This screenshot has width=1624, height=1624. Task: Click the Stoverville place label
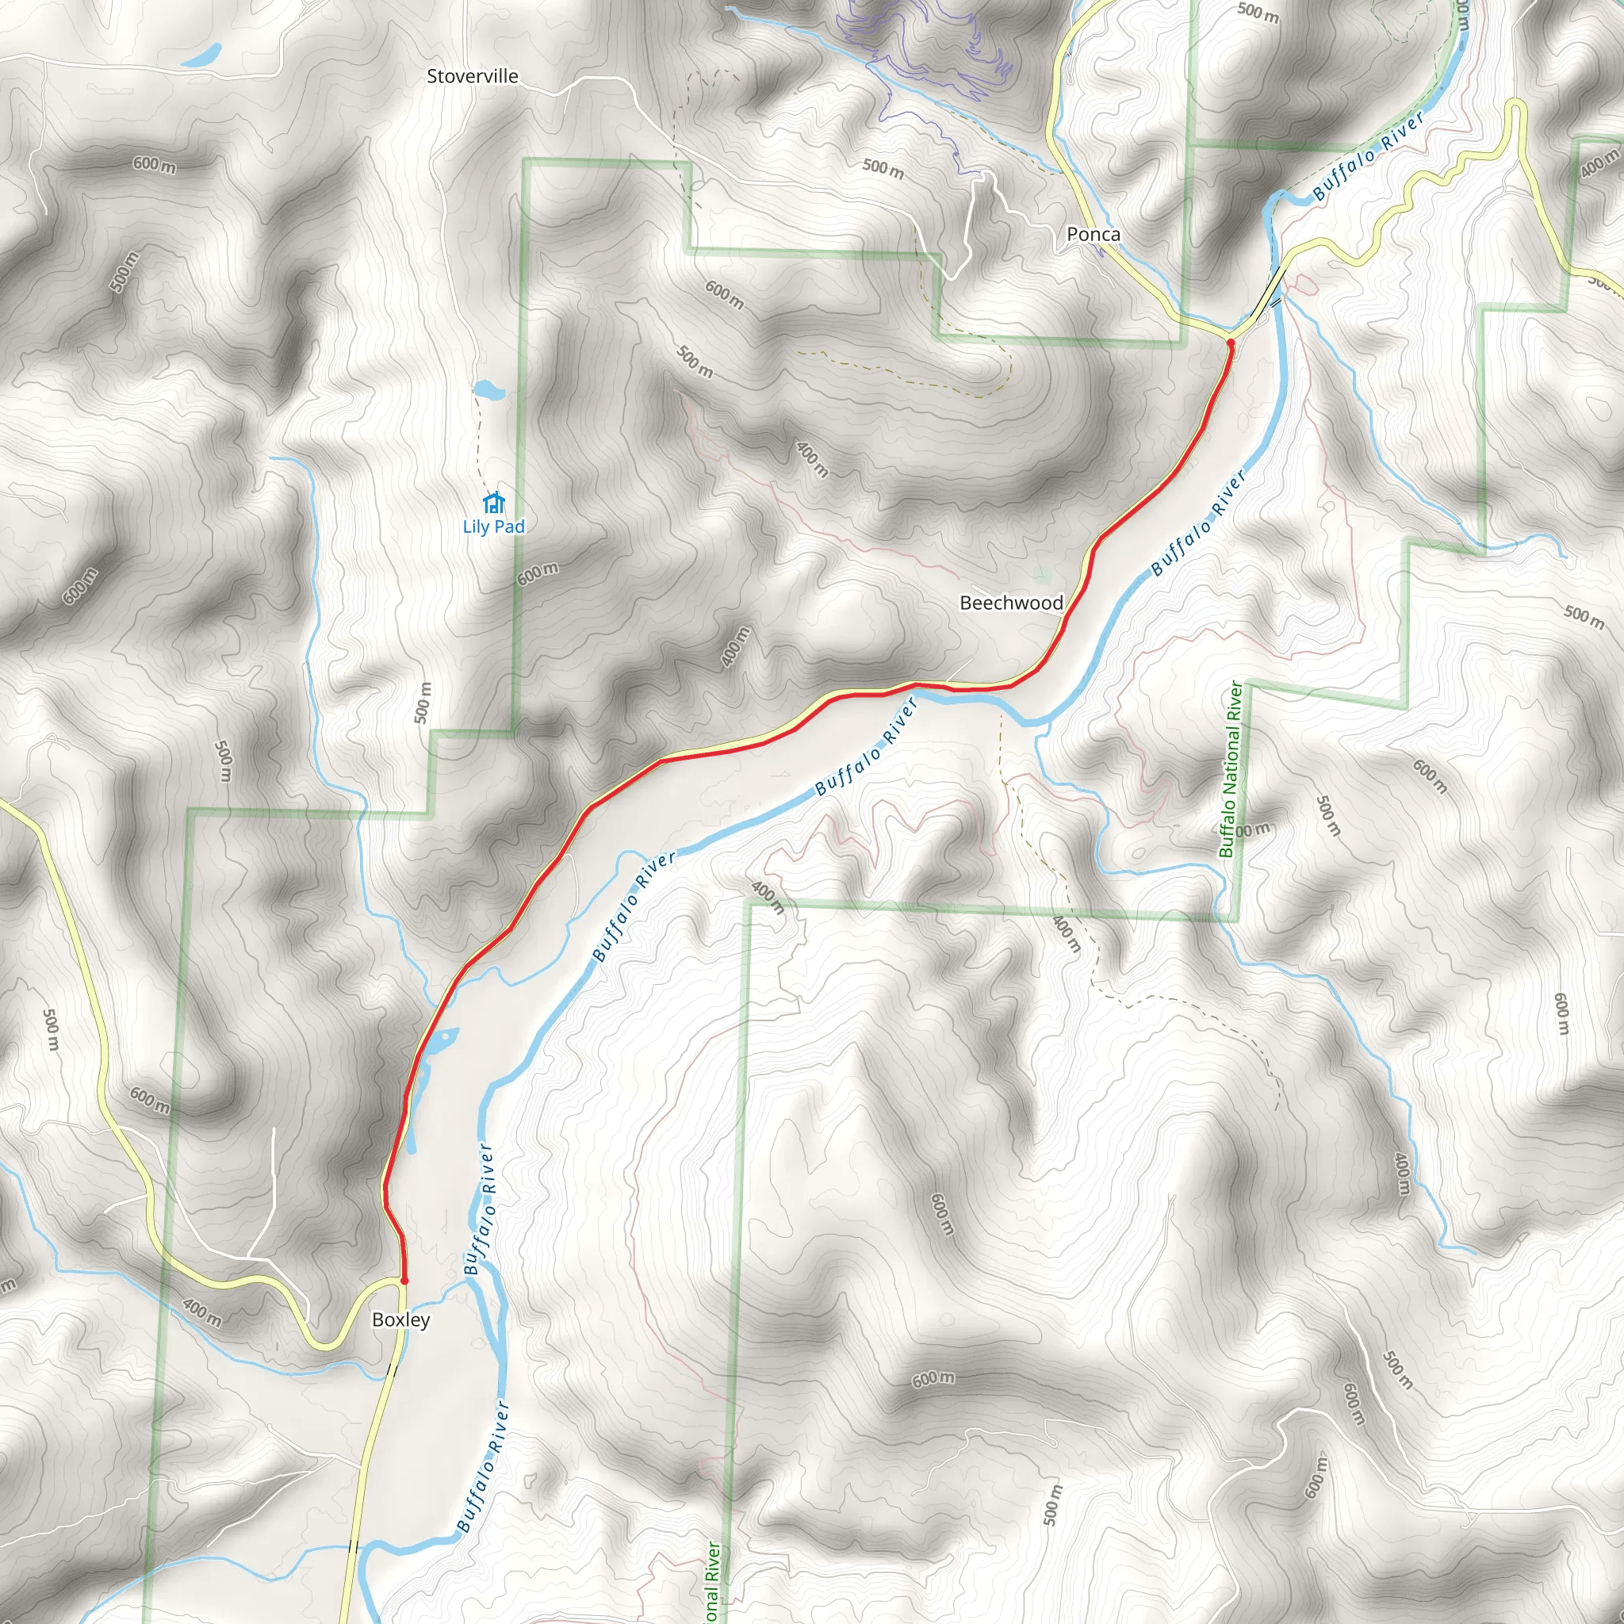(x=473, y=76)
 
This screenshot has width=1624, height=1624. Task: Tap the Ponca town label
(x=1093, y=235)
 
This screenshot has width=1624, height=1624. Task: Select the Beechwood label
(x=1011, y=603)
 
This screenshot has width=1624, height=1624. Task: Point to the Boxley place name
(x=401, y=1319)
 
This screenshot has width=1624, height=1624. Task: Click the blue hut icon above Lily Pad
(x=493, y=503)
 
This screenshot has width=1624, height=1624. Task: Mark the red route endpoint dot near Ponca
(x=1230, y=343)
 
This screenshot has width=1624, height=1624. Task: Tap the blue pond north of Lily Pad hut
(x=488, y=390)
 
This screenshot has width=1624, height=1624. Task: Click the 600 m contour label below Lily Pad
(x=538, y=574)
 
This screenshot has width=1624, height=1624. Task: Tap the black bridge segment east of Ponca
(x=1268, y=289)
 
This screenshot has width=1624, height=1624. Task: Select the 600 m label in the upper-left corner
(x=154, y=164)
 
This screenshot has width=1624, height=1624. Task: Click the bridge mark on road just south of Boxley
(x=391, y=1369)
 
